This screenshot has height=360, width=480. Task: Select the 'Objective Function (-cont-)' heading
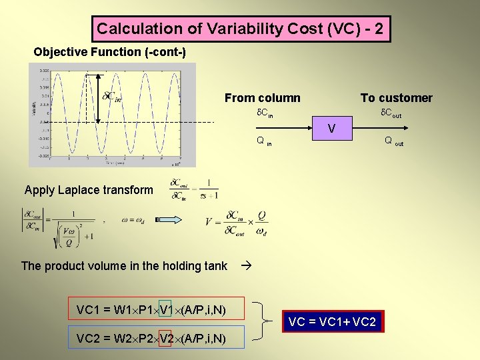109,52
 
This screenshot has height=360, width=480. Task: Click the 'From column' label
262,98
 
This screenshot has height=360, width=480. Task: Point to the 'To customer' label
396,98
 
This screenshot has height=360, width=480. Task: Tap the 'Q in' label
264,141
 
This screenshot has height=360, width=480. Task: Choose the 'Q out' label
393,141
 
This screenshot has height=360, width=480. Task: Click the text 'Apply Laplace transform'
89,190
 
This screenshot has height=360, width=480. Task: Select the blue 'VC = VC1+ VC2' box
332,323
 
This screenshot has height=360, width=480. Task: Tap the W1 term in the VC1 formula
123,309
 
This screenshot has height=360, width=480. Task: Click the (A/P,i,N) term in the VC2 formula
203,339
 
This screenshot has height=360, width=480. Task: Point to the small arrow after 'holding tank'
243,265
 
